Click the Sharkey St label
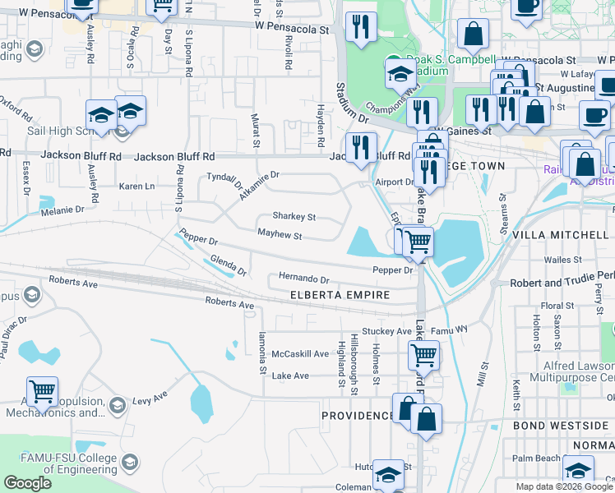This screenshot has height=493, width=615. [x=294, y=218]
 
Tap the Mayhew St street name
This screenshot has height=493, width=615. [x=280, y=236]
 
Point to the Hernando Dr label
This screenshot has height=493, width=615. [x=303, y=279]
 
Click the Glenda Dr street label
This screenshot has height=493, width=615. [x=228, y=265]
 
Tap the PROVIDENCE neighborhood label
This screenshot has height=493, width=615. [x=358, y=416]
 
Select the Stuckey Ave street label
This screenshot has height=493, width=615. [x=386, y=332]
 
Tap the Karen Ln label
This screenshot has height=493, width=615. [x=136, y=187]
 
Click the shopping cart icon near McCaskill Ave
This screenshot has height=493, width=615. [x=423, y=356]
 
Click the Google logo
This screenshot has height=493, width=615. [x=28, y=483]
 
